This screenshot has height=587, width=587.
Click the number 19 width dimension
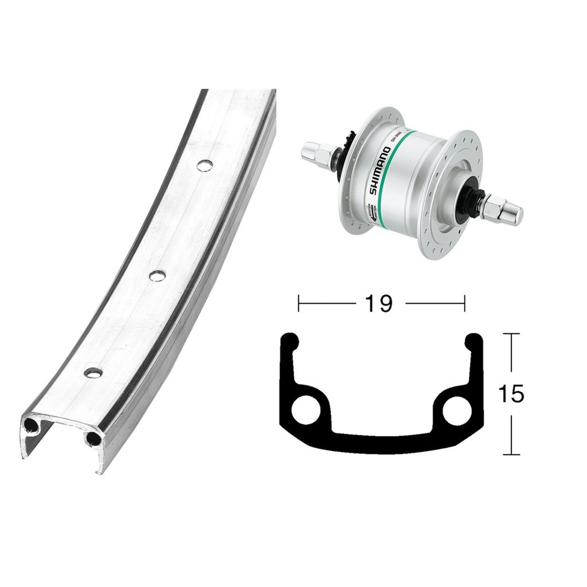click(x=379, y=304)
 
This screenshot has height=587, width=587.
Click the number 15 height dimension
click(x=511, y=394)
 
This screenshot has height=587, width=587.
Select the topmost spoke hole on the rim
click(x=205, y=165)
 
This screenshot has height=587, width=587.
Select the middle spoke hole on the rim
click(x=157, y=275)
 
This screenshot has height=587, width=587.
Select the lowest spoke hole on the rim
click(x=93, y=372)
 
